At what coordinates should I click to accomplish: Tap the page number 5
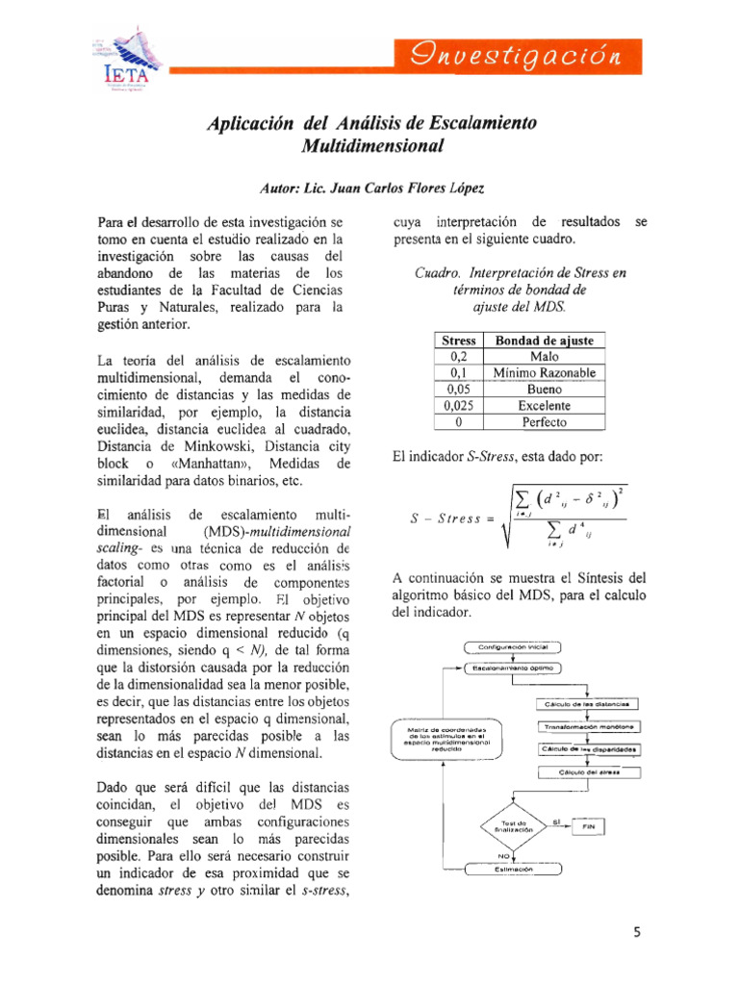(637, 932)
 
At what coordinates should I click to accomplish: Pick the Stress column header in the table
(457, 341)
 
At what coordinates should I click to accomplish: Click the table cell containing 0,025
(457, 405)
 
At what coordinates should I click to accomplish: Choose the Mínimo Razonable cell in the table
(544, 372)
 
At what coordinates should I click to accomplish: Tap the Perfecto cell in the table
(544, 421)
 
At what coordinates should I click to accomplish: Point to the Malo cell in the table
(544, 357)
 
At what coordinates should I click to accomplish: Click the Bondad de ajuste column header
(544, 341)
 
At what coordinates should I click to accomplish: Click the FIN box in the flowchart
(589, 826)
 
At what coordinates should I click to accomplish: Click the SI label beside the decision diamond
(557, 821)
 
